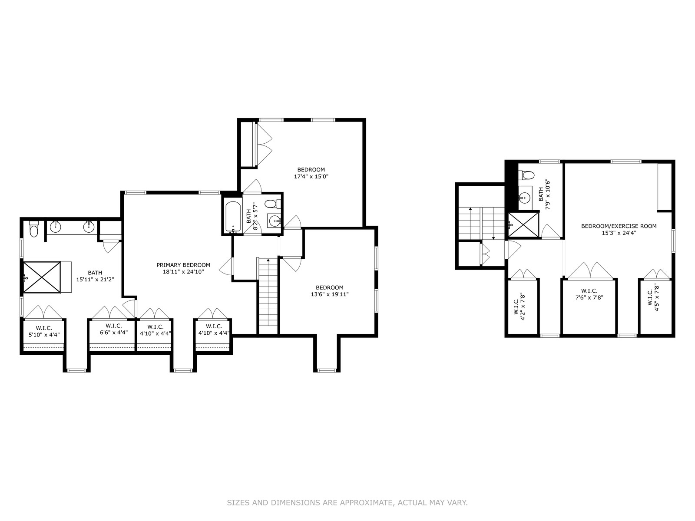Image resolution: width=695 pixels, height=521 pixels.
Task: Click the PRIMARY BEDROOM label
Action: pyautogui.click(x=183, y=265)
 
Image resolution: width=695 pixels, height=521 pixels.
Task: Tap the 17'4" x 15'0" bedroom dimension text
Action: pyautogui.click(x=311, y=177)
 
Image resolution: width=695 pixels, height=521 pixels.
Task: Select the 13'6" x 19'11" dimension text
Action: pyautogui.click(x=330, y=294)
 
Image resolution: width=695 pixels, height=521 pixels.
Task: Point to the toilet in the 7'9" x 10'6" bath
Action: pyautogui.click(x=526, y=175)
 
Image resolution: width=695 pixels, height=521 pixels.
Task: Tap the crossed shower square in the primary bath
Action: pyautogui.click(x=42, y=277)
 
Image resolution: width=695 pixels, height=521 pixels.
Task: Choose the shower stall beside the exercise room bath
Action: pyautogui.click(x=523, y=225)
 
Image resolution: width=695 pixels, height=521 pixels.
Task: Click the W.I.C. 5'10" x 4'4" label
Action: pyautogui.click(x=44, y=332)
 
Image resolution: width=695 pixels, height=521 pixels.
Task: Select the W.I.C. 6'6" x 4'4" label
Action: pyautogui.click(x=113, y=329)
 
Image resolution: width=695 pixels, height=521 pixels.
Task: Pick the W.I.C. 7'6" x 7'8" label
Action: pyautogui.click(x=589, y=294)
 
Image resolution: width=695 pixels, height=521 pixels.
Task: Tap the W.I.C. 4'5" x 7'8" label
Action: pyautogui.click(x=653, y=297)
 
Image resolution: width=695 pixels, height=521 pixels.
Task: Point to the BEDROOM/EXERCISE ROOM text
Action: pyautogui.click(x=619, y=226)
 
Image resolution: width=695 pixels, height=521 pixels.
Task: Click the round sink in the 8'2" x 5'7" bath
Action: pyautogui.click(x=274, y=220)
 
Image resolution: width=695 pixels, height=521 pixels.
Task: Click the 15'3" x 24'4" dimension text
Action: pyautogui.click(x=619, y=233)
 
